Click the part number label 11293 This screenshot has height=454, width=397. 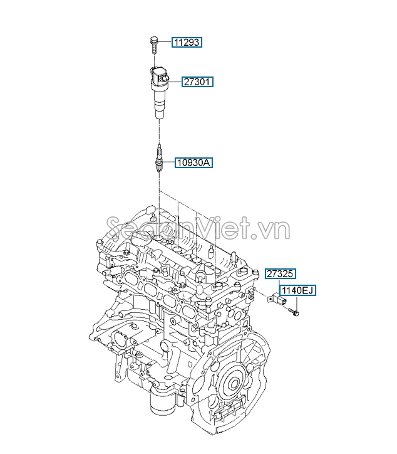tap(187, 42)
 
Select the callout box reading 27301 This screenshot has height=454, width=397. tap(198, 82)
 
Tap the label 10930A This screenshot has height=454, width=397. tap(194, 163)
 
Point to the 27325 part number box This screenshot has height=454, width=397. tap(280, 273)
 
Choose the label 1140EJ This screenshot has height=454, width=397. tap(296, 290)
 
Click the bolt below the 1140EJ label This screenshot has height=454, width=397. tap(294, 309)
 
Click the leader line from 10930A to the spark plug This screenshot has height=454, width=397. tap(170, 163)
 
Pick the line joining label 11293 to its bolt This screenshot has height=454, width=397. tap(164, 42)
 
